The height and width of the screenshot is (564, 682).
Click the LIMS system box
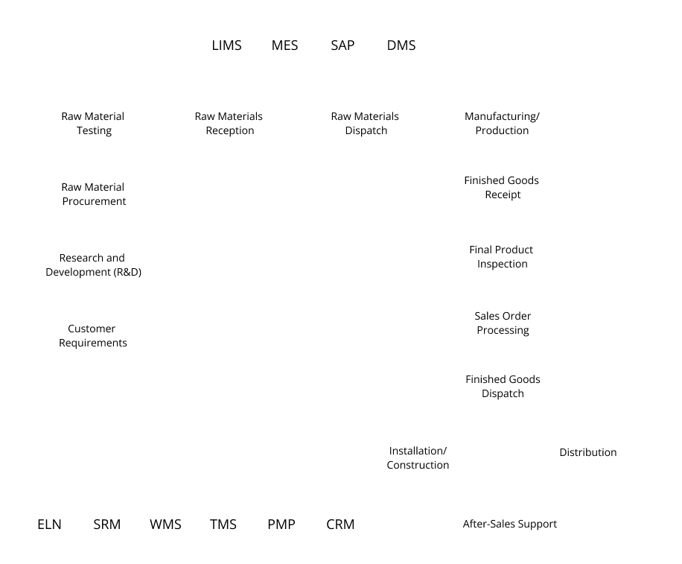point(227,45)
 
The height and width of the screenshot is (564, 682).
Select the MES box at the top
point(284,45)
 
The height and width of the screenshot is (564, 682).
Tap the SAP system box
point(342,45)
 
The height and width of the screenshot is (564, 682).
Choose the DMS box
point(401,45)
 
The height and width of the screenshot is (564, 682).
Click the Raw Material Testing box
point(94,123)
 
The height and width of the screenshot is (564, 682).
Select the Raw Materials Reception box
point(229,123)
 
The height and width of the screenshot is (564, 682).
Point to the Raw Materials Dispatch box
point(365,123)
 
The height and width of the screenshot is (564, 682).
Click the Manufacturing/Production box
point(502,123)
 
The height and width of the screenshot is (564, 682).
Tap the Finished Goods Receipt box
point(502,187)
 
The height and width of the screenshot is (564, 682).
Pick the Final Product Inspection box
point(502,256)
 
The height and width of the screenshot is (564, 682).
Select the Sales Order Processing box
point(502,323)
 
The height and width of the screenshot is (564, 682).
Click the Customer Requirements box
point(94,335)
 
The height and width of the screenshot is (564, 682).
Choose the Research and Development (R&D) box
point(94,264)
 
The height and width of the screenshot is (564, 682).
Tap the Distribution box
point(587,452)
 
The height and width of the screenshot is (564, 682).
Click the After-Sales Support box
point(510,524)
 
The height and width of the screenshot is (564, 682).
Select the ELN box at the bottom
point(49,524)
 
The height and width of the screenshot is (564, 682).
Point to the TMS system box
point(223,524)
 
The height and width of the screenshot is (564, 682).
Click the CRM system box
point(340,524)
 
